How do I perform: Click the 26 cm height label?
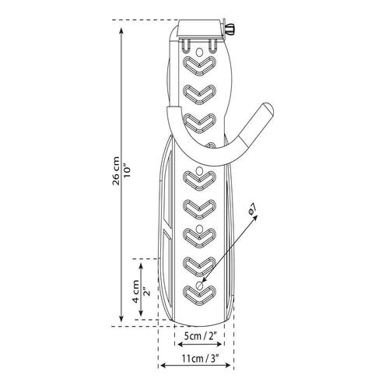click(116, 170)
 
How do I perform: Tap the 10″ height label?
click(128, 170)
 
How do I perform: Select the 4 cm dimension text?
click(136, 291)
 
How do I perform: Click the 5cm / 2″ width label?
click(200, 336)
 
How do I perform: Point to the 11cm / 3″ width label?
click(200, 359)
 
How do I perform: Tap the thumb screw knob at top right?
click(230, 29)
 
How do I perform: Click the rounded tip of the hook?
click(268, 108)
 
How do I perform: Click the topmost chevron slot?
click(199, 65)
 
